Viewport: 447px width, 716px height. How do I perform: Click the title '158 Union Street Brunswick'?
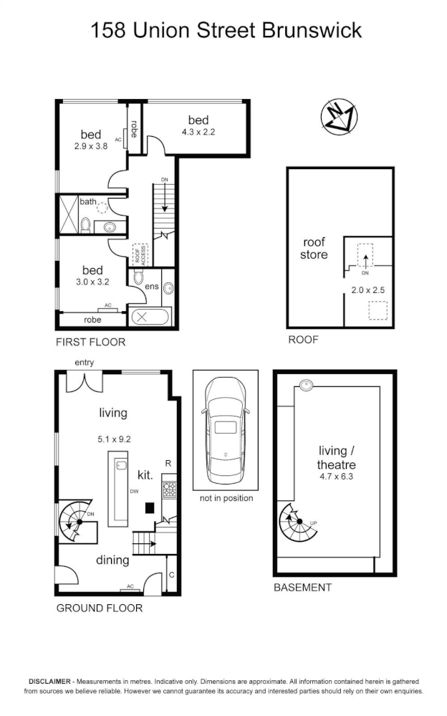tap(226, 31)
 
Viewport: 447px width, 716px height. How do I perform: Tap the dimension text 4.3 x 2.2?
tap(198, 132)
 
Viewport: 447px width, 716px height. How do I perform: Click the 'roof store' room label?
tap(314, 248)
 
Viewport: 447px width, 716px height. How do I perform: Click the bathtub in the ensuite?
tap(150, 315)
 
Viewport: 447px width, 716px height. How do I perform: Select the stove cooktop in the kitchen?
tap(170, 490)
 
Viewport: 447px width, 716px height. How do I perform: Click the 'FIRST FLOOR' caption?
tap(90, 342)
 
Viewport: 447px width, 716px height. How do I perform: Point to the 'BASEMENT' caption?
tap(303, 587)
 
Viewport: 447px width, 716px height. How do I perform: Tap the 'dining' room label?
tap(112, 560)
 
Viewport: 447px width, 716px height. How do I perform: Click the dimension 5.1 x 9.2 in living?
tap(113, 440)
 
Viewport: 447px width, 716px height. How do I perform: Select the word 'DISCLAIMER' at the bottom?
tap(49, 681)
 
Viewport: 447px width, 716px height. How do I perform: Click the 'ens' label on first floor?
tap(152, 287)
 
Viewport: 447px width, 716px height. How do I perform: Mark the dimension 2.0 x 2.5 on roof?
tap(367, 290)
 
